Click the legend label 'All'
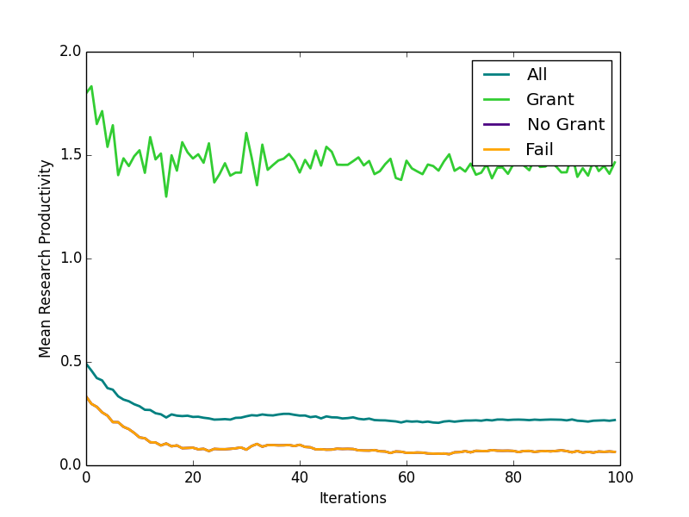pos(537,75)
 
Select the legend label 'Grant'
pos(549,100)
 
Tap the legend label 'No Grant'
pos(565,125)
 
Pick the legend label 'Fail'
pos(539,150)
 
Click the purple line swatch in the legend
pos(495,125)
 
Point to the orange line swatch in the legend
pos(495,150)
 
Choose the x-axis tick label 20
pos(193,477)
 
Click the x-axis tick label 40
pos(300,477)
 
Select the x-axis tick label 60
pos(407,477)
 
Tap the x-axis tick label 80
pos(513,477)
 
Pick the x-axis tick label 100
pos(620,477)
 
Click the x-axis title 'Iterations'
pos(353,498)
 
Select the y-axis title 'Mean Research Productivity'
pos(46,258)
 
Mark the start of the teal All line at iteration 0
pos(86,364)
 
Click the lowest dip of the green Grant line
pos(166,196)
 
